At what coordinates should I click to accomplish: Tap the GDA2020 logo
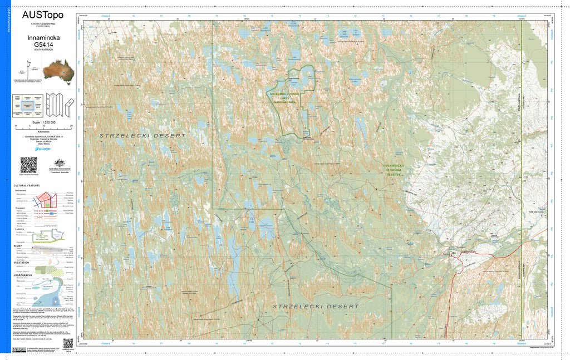pyautogui.click(x=42, y=149)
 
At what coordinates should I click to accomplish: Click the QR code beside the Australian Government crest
pyautogui.click(x=28, y=165)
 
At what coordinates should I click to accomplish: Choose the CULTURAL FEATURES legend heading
pyautogui.click(x=27, y=185)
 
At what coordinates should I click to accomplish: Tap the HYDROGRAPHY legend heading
pyautogui.click(x=25, y=275)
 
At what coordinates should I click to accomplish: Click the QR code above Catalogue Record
pyautogui.click(x=68, y=344)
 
